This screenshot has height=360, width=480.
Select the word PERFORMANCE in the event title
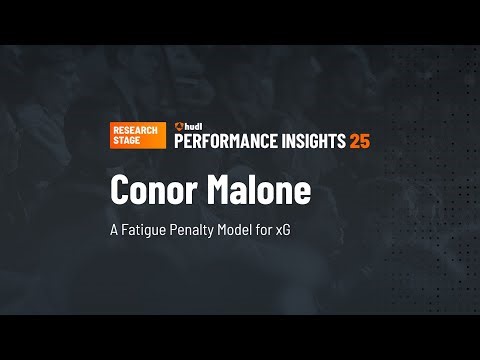pyautogui.click(x=225, y=141)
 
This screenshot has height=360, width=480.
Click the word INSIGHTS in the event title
pyautogui.click(x=311, y=141)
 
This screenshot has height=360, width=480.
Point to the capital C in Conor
pyautogui.click(x=121, y=191)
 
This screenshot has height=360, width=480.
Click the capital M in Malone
pyautogui.click(x=218, y=191)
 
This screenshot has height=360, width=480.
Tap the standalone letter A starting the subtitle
pyautogui.click(x=115, y=229)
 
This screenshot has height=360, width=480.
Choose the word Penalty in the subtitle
pyautogui.click(x=197, y=230)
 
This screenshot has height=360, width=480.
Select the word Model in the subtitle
pyautogui.click(x=242, y=229)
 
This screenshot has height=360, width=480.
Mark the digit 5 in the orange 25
pyautogui.click(x=365, y=141)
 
